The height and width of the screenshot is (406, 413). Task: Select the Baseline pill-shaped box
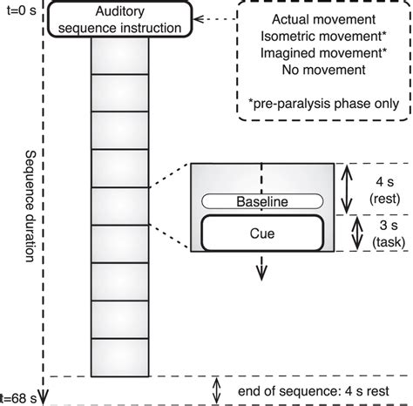[x=262, y=201]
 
